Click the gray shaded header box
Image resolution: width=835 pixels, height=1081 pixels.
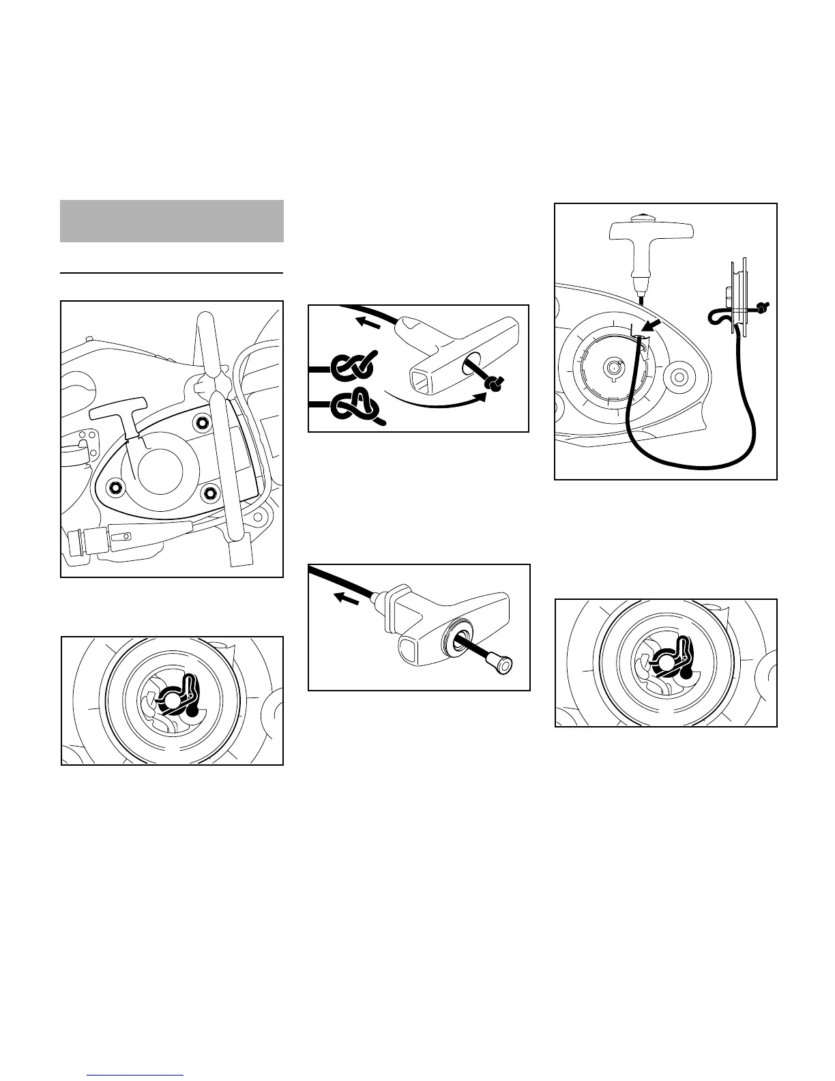[x=171, y=221]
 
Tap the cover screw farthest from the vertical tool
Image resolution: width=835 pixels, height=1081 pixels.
[x=114, y=487]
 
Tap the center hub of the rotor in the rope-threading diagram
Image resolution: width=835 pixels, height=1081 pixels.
[x=612, y=367]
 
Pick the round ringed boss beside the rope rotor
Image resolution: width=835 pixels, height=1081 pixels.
[x=678, y=376]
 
